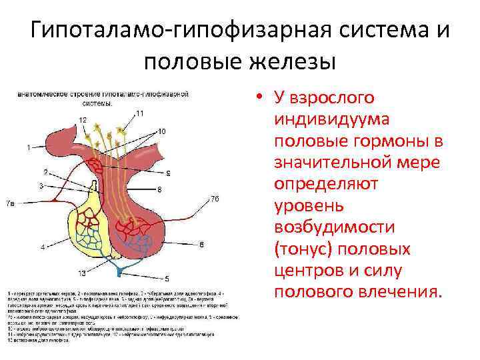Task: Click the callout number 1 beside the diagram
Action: pyautogui.click(x=28, y=146)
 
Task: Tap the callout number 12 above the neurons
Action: pyautogui.click(x=82, y=119)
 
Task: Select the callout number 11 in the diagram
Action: pyautogui.click(x=139, y=113)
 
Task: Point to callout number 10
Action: pyautogui.click(x=162, y=131)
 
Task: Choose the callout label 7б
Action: pyautogui.click(x=214, y=199)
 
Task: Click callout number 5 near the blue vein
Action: pyautogui.click(x=167, y=278)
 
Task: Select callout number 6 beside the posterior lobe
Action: pyautogui.click(x=201, y=245)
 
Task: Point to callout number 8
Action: pyautogui.click(x=159, y=190)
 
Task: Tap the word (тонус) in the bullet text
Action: pyautogui.click(x=306, y=249)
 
